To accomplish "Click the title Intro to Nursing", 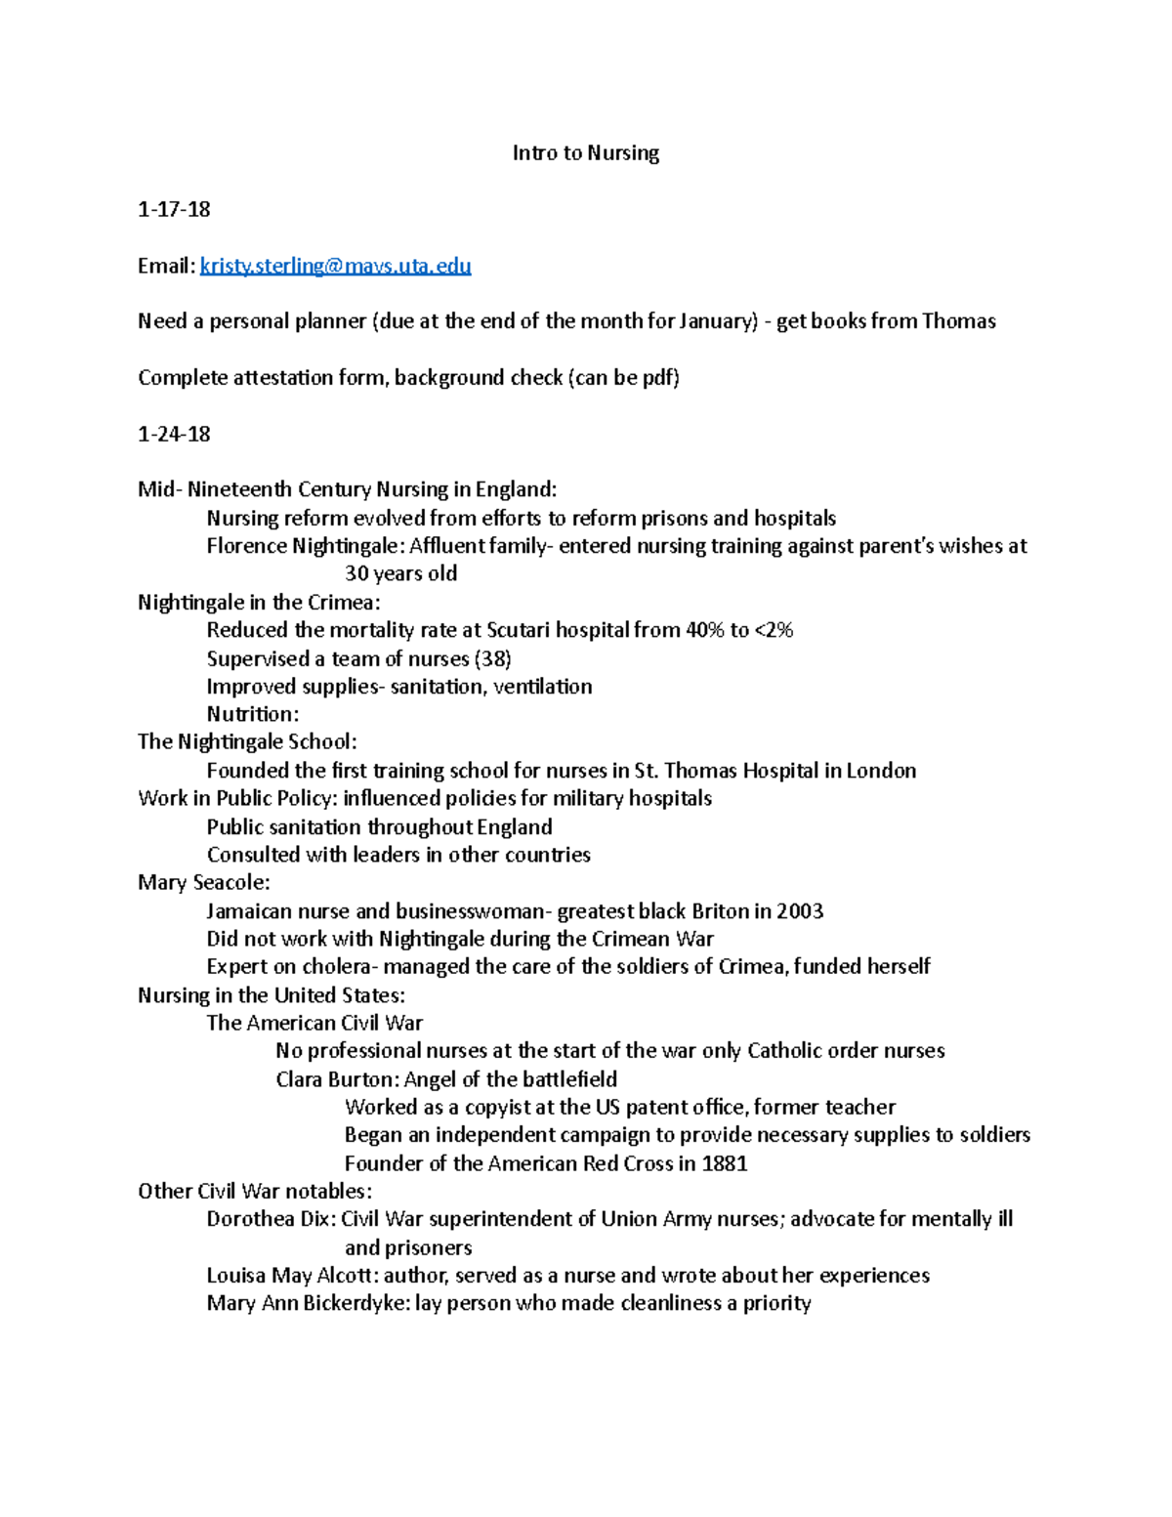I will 586,153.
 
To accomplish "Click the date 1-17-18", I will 174,209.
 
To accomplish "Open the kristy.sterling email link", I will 335,266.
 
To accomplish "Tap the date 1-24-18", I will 174,434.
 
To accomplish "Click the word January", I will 716,321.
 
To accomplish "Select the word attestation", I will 282,378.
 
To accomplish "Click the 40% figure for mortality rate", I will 704,630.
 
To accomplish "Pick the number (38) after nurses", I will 492,658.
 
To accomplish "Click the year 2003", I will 800,911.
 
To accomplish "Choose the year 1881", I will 725,1163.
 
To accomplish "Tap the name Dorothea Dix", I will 271,1219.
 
